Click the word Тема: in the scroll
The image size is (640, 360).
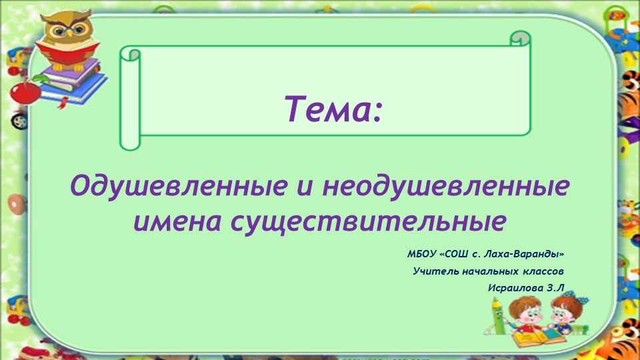point(335,108)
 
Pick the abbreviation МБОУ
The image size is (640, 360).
point(422,255)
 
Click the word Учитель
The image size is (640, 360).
point(435,271)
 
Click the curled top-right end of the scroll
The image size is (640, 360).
point(519,38)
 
